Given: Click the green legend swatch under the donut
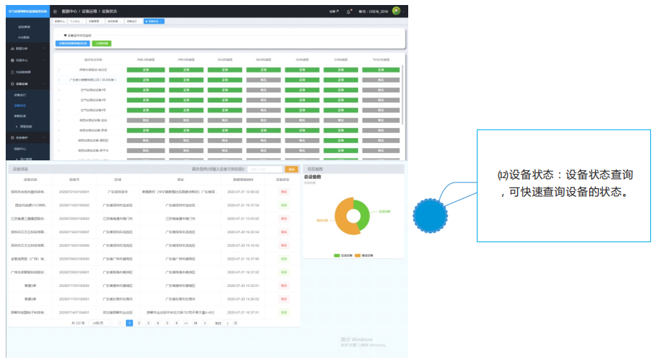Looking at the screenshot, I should coord(337,255).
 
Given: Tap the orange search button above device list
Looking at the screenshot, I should coord(291,170).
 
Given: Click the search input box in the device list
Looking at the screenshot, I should coord(265,170).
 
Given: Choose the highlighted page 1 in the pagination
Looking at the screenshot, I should coord(130,323).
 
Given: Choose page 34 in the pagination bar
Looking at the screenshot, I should coord(195,323).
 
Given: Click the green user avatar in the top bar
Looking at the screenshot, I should coord(396,11).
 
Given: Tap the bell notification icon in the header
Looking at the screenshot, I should coord(348,11).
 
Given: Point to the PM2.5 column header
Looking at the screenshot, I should coord(146,59).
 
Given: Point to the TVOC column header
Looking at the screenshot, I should coord(382,59).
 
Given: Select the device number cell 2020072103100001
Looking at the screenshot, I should coord(74,193).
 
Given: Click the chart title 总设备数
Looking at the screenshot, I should coord(313,176).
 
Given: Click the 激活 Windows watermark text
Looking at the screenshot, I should coord(356,339).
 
